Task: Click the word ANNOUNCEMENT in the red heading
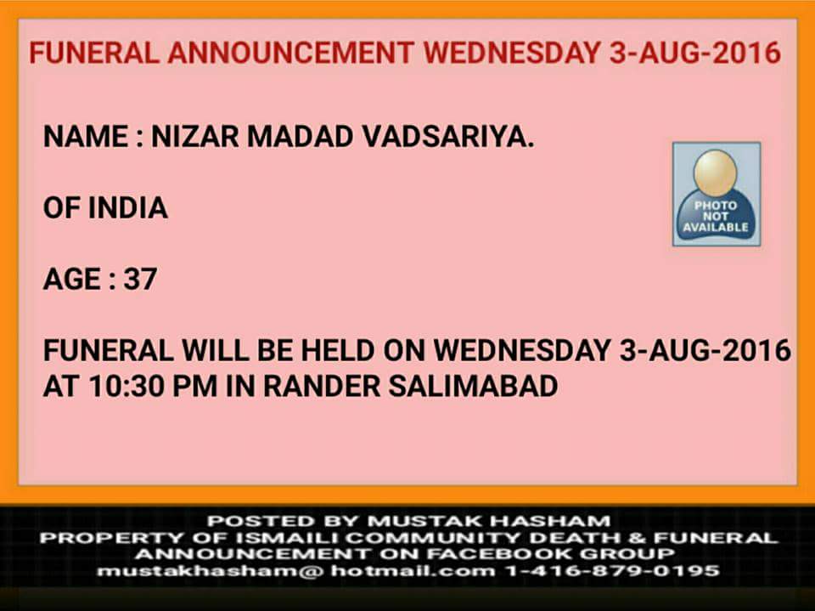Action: click(x=290, y=53)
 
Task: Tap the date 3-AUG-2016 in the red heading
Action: click(x=695, y=53)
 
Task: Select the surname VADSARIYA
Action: click(x=448, y=137)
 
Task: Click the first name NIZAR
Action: click(x=195, y=137)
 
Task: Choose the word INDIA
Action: click(x=128, y=208)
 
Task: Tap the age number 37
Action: click(x=140, y=279)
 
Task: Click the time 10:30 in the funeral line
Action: click(x=126, y=386)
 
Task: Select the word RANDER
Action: click(x=321, y=386)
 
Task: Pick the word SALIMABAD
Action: click(x=473, y=386)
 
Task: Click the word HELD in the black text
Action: click(x=338, y=350)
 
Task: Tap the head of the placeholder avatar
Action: click(x=716, y=173)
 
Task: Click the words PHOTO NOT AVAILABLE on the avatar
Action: click(x=716, y=217)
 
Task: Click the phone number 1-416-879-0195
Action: click(x=613, y=571)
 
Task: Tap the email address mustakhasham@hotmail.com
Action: click(x=295, y=571)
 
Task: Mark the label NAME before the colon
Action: click(x=86, y=137)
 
